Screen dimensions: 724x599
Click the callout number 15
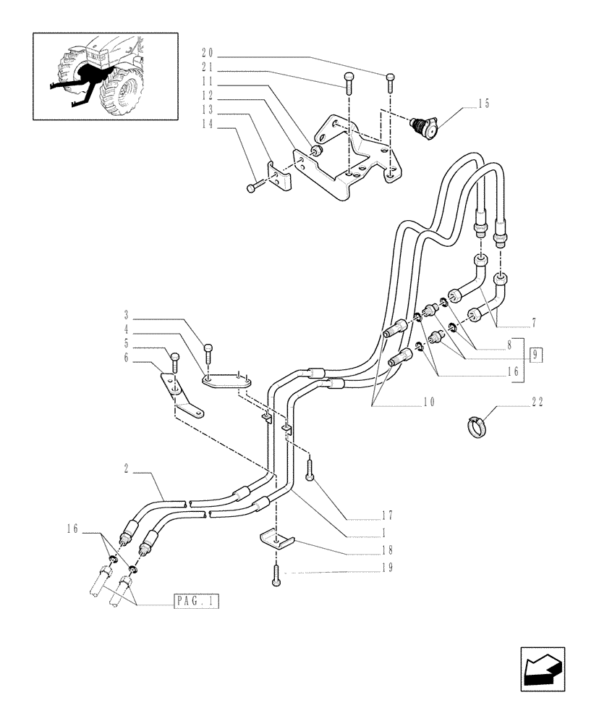click(483, 104)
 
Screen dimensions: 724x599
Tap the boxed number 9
click(535, 355)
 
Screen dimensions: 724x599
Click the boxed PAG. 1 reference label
click(196, 601)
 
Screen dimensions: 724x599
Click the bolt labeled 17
click(310, 471)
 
